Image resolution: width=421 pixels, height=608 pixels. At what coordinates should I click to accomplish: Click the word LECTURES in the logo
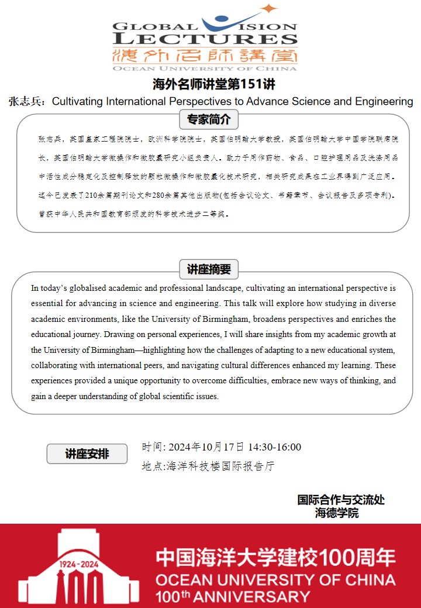[x=205, y=39]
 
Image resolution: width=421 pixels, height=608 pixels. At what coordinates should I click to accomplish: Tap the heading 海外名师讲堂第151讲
[x=214, y=84]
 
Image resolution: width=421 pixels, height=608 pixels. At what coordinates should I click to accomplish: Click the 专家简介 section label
[x=209, y=120]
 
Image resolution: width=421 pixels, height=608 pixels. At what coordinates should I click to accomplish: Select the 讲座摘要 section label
[x=209, y=270]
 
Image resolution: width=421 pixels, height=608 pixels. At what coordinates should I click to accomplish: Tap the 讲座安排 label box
[x=87, y=454]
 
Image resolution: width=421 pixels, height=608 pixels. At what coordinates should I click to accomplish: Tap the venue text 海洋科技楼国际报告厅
[x=220, y=466]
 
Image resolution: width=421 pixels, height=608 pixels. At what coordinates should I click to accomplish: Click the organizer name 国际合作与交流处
[x=341, y=500]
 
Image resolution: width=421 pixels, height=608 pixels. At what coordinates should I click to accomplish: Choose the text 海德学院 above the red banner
[x=337, y=513]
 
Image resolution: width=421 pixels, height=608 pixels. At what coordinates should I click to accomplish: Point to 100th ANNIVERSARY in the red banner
[x=232, y=597]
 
